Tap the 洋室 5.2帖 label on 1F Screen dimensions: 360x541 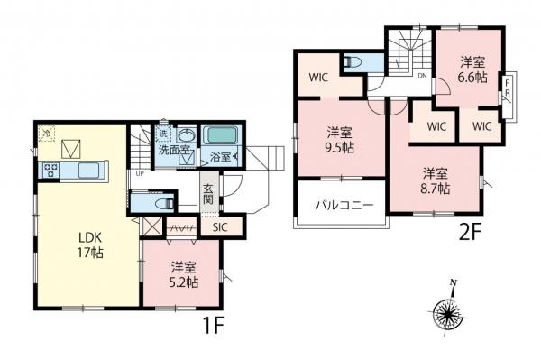click(183, 274)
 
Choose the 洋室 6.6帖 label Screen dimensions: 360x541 click(473, 69)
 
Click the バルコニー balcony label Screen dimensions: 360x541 click(339, 205)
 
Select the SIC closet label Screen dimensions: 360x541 click(220, 228)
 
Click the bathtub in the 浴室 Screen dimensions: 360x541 click(219, 137)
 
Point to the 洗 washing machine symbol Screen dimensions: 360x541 click(164, 134)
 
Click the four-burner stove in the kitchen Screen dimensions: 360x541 click(49, 169)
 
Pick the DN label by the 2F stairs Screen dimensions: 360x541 click(421, 77)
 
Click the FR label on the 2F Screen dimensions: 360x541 click(509, 93)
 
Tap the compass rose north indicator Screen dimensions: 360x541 click(447, 313)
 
